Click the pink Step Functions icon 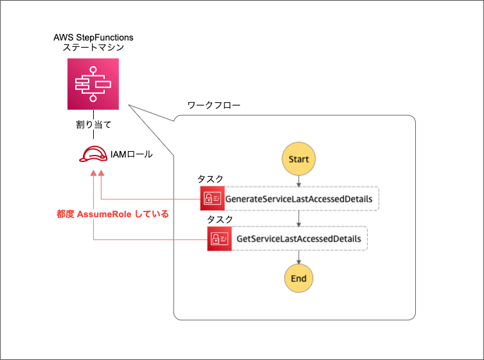click(x=94, y=84)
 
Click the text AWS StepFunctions click(x=93, y=37)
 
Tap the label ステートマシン click(x=93, y=48)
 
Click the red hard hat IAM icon click(x=93, y=155)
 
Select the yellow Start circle click(x=299, y=159)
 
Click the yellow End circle click(x=299, y=278)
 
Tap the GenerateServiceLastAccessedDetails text click(x=299, y=199)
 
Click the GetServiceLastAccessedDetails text click(x=299, y=239)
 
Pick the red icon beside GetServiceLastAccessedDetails click(x=219, y=239)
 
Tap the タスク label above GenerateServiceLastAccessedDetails click(x=210, y=179)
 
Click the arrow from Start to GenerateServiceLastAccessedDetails click(x=299, y=181)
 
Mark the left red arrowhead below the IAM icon click(x=94, y=174)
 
